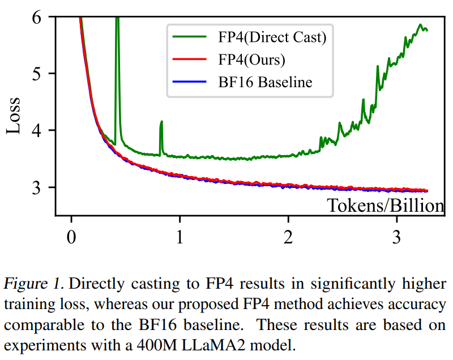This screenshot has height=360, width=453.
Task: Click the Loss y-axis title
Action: click(14, 117)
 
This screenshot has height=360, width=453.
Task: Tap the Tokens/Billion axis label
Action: click(385, 205)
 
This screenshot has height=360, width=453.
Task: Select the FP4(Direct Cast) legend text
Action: click(272, 38)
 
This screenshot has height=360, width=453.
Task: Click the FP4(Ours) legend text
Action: click(251, 60)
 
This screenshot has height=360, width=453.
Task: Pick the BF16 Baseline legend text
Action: click(265, 82)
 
